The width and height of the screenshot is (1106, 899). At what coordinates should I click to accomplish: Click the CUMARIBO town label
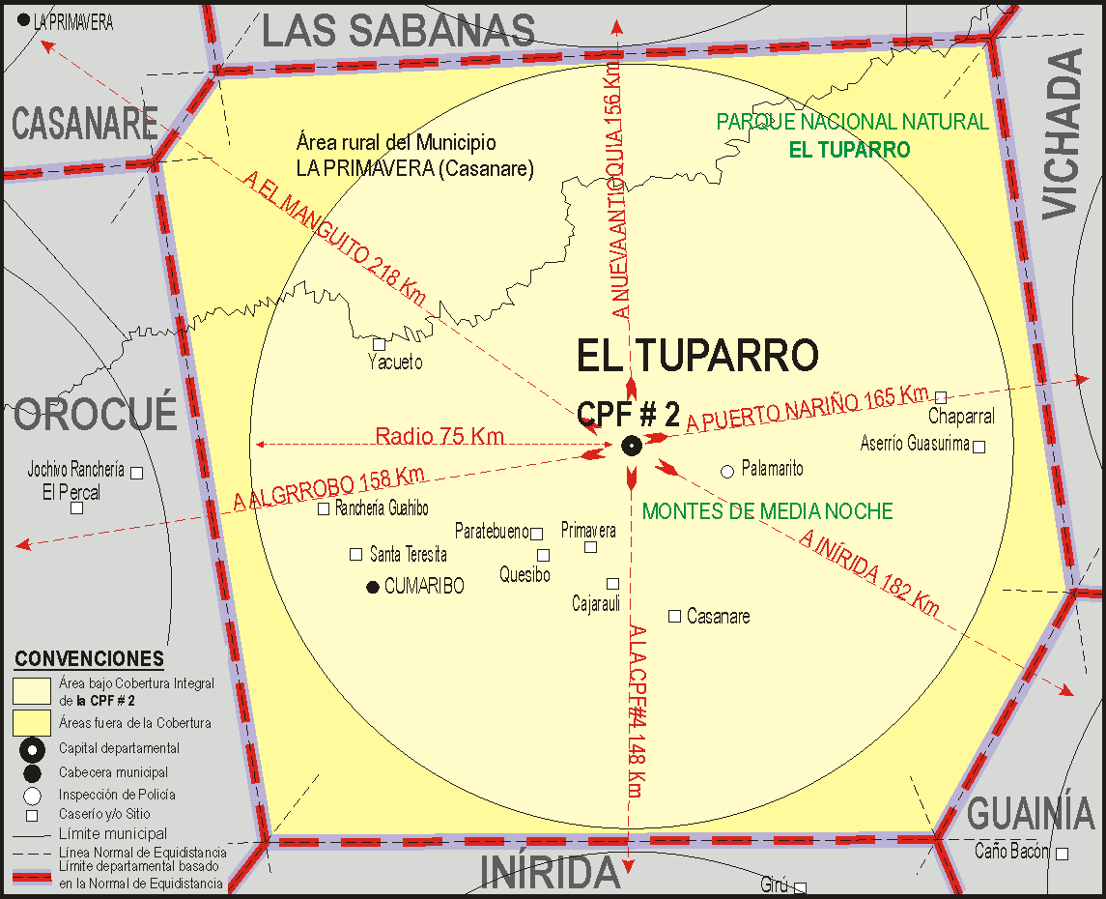(x=424, y=586)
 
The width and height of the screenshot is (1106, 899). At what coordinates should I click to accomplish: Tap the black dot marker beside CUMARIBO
(x=373, y=586)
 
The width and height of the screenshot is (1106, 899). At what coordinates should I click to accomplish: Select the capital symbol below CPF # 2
(x=631, y=446)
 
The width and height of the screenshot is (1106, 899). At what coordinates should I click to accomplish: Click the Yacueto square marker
(x=380, y=344)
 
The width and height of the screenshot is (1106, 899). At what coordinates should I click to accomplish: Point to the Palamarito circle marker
(x=727, y=471)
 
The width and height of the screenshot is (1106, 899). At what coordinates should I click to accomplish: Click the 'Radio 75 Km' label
(x=440, y=436)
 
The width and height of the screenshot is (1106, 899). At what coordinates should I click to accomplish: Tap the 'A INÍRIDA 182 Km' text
(x=869, y=571)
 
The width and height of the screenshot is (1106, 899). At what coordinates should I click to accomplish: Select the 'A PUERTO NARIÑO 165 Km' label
(x=807, y=410)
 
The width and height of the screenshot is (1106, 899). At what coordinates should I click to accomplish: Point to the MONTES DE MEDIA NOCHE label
(x=767, y=511)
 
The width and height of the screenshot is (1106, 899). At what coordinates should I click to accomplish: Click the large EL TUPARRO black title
(x=697, y=356)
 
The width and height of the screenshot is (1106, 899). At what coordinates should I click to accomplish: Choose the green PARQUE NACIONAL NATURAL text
(x=852, y=122)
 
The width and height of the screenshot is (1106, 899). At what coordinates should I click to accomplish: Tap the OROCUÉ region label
(x=96, y=414)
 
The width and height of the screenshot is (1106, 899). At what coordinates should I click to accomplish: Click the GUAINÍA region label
(x=1030, y=814)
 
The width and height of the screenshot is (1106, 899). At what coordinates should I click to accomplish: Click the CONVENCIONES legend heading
(x=89, y=659)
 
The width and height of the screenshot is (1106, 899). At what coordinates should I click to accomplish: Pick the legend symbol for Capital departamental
(x=33, y=749)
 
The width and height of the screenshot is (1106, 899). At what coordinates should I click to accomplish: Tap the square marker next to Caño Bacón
(x=1062, y=854)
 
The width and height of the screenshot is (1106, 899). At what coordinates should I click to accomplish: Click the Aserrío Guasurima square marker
(x=978, y=447)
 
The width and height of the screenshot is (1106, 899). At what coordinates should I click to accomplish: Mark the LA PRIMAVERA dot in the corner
(x=24, y=19)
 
